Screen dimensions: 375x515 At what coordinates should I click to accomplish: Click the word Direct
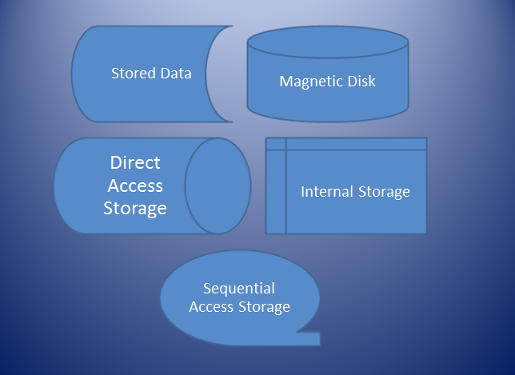click(135, 163)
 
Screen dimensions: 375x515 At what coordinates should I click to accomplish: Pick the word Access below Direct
click(135, 186)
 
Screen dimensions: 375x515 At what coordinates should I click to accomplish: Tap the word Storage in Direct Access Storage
click(135, 209)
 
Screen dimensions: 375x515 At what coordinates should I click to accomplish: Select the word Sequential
click(239, 289)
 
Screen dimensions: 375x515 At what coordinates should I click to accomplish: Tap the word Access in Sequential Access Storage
click(212, 306)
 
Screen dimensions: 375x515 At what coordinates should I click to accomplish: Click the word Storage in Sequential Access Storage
click(263, 306)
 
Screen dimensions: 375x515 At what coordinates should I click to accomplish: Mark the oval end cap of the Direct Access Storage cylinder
click(218, 186)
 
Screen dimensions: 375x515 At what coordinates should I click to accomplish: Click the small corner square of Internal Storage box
click(275, 143)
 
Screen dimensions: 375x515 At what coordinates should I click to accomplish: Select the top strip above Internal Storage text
click(356, 143)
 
